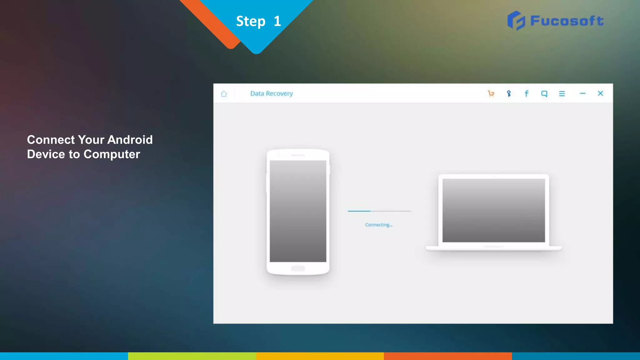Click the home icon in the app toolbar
pos(224,94)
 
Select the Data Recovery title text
pos(271,93)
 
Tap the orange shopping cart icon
pos(491,93)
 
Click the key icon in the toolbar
pos(509,93)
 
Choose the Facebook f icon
pos(527,93)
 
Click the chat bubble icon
pos(544,93)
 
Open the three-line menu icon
pos(562,93)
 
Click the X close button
pos(600,93)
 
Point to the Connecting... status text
pos(378,225)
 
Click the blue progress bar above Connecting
pos(359,211)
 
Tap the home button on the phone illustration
pos(298,268)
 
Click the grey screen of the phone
pos(298,211)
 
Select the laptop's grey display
pos(493,210)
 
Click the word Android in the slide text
pos(130,140)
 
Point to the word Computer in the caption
pos(112,154)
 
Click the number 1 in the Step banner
pos(277,21)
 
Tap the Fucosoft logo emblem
pos(516,21)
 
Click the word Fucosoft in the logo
pos(567,21)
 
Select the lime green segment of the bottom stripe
pos(192,356)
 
